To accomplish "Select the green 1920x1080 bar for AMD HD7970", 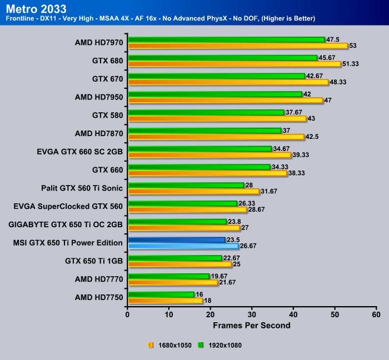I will (x=226, y=39).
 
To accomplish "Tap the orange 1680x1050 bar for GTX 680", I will (x=234, y=64).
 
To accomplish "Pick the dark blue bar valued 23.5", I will (x=176, y=239).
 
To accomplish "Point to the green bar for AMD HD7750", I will (x=161, y=294).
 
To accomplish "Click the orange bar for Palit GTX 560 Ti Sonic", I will (x=193, y=192).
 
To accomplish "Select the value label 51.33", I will (x=351, y=64).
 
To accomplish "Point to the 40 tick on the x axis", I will (x=293, y=314).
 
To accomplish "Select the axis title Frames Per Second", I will (x=252, y=325).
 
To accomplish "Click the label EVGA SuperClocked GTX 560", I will (x=68, y=206).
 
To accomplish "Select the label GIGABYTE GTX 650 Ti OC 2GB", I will (x=66, y=224).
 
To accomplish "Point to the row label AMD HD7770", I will (x=98, y=279).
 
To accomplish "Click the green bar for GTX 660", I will (x=199, y=167).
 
